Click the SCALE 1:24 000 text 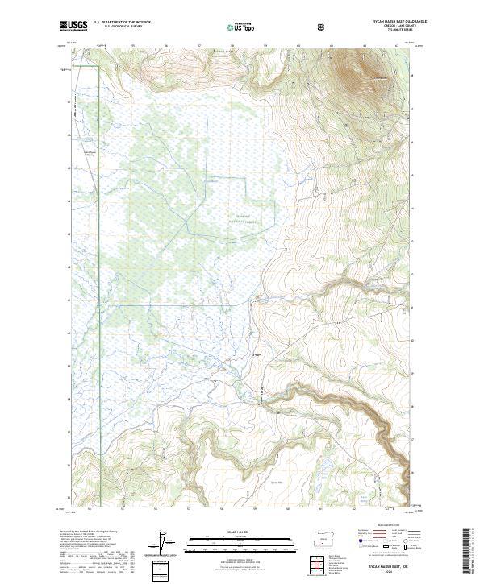[x=230, y=532]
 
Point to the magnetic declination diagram [x=169, y=545]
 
